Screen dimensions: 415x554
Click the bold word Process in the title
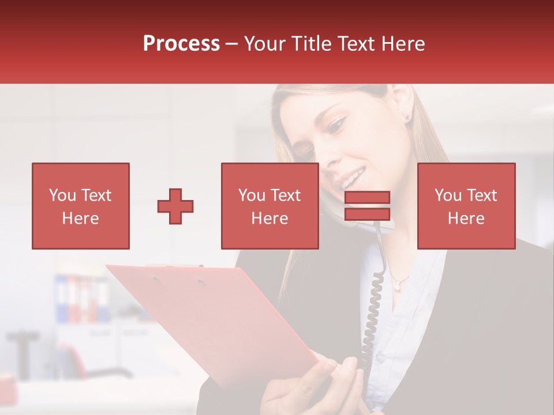point(181,44)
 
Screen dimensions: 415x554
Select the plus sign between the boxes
point(175,206)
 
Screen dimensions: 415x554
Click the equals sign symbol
point(367,206)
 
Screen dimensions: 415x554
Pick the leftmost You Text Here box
point(80,206)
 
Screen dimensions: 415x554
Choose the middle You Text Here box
point(269,206)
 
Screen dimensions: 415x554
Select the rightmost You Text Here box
point(466,206)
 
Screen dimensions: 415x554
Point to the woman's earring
point(407,117)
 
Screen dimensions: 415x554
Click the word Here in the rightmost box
point(466,218)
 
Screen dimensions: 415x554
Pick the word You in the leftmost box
point(62,195)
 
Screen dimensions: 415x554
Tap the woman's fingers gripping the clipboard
point(340,375)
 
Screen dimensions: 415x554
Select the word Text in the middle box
point(285,195)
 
